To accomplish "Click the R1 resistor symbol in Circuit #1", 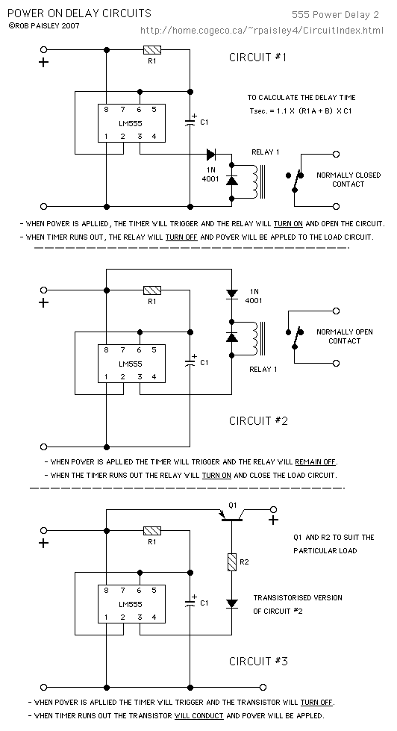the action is [x=152, y=49].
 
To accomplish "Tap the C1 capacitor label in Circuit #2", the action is [x=204, y=363].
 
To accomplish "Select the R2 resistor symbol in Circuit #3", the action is [x=231, y=562].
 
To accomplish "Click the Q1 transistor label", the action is [x=233, y=505].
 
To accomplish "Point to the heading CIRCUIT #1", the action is [x=257, y=57].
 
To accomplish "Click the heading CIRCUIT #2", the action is [x=258, y=421].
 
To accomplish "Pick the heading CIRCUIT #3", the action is [x=258, y=661].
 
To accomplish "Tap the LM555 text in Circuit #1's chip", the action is [x=131, y=123].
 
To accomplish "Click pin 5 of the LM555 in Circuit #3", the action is [x=154, y=590].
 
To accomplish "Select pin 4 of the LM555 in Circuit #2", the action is [x=154, y=376].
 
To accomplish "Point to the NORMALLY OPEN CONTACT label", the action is [x=344, y=336].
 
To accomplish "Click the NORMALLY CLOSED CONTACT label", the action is [x=348, y=179].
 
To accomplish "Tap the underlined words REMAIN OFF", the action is [x=315, y=462].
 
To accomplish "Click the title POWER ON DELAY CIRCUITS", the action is [x=80, y=13].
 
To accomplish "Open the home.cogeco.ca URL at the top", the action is [x=262, y=31].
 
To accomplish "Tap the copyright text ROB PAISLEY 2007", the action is [x=44, y=25].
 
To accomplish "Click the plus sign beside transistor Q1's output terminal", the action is [x=274, y=520].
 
